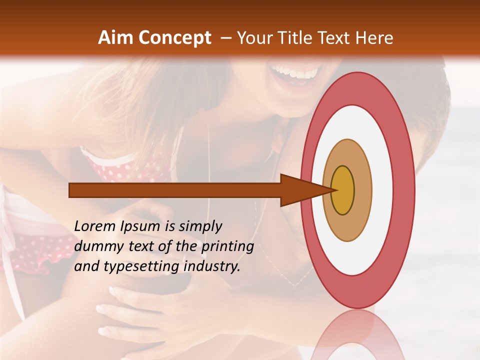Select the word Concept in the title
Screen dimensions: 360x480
pos(174,38)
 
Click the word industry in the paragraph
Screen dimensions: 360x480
pos(212,266)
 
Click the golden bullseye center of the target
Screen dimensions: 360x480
pos(342,190)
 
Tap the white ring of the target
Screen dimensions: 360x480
pos(380,190)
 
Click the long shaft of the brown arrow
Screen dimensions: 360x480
pos(175,190)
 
